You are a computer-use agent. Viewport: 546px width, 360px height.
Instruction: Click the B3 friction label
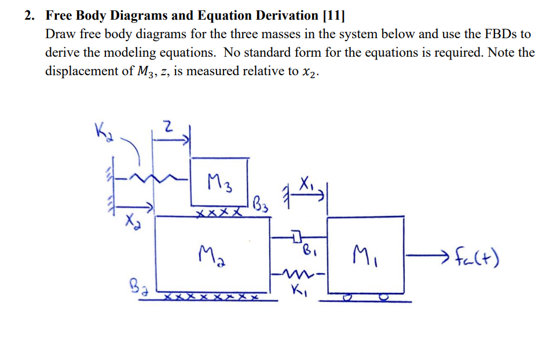pyautogui.click(x=260, y=204)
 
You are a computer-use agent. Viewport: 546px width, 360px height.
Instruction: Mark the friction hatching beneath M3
pyautogui.click(x=218, y=213)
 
